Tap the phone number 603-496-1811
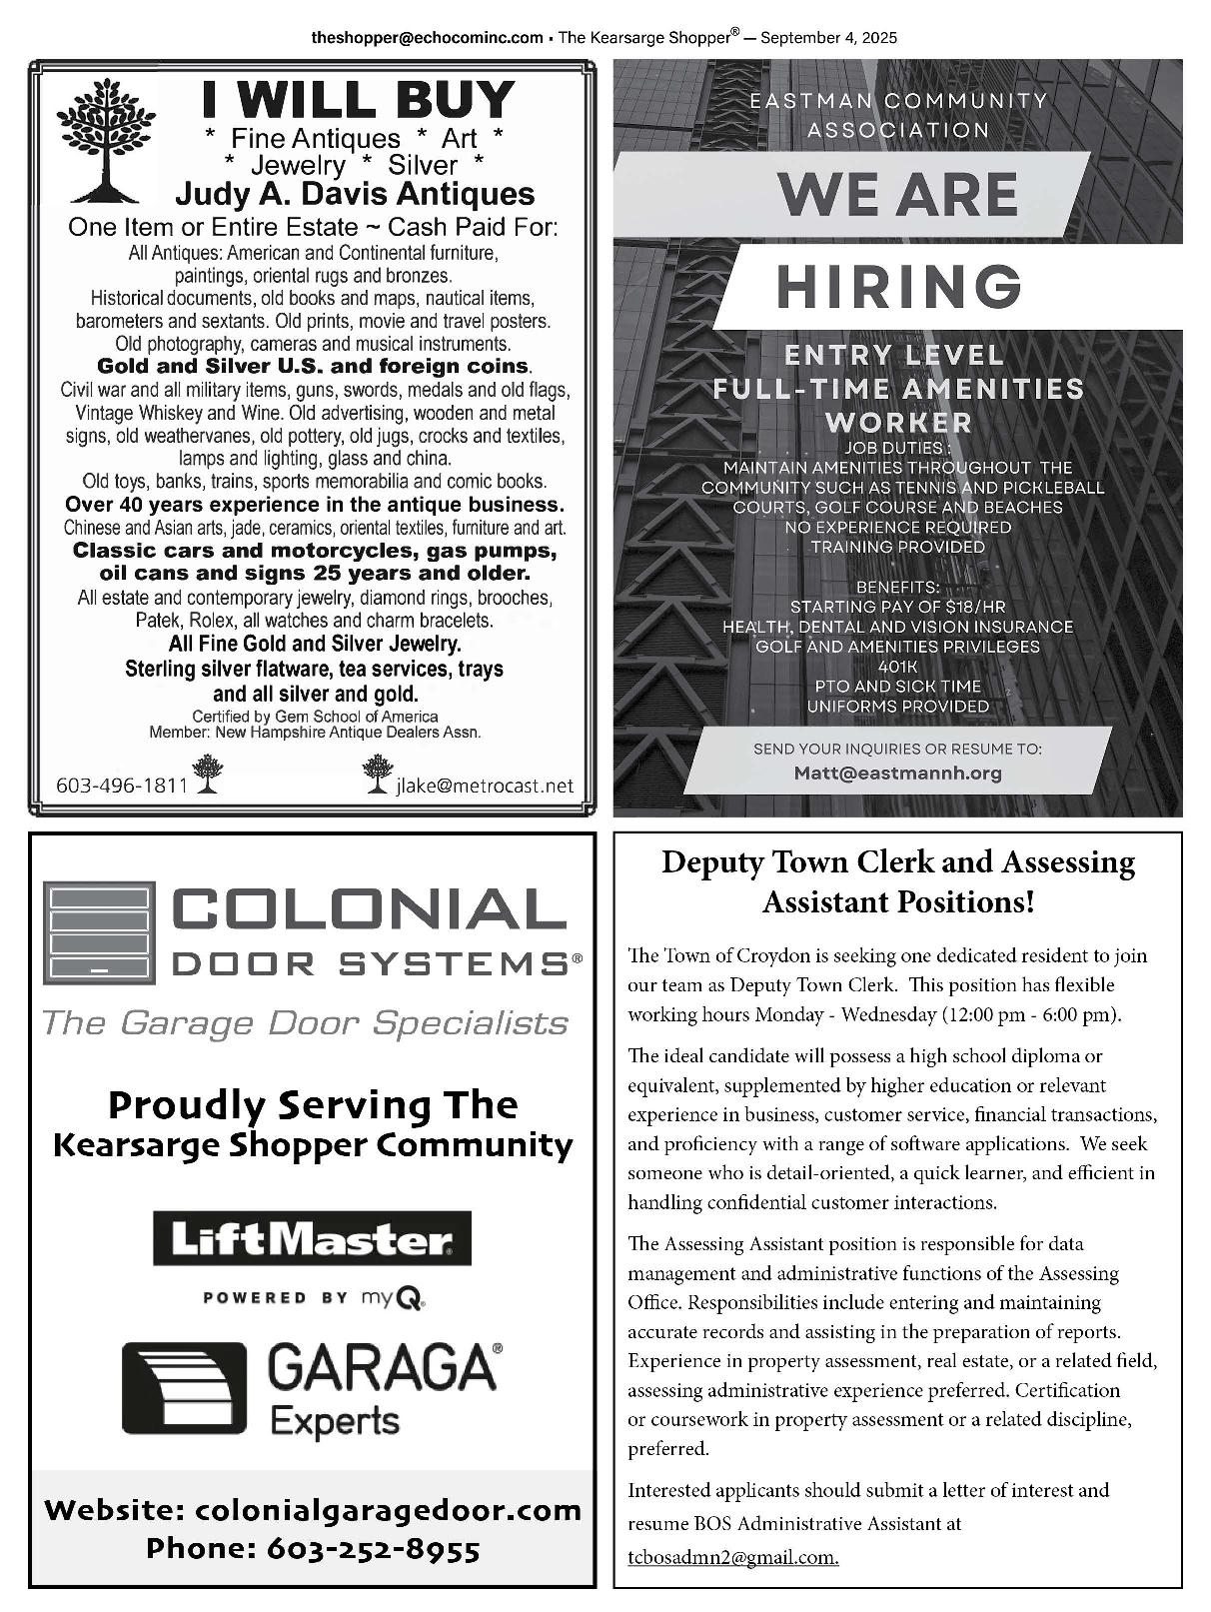pos(122,785)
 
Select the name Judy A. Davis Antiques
pos(355,194)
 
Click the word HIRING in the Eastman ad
pos(899,287)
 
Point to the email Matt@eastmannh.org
pos(897,773)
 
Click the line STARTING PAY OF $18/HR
pos(897,607)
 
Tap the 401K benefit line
pos(897,667)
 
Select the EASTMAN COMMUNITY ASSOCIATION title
pos(897,115)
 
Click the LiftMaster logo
pos(312,1240)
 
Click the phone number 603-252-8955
pos(373,1549)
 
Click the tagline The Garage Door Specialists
pos(305,1023)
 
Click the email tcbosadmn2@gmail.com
pos(733,1557)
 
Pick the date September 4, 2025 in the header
pos(828,38)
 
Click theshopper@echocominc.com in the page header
pos(427,38)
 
